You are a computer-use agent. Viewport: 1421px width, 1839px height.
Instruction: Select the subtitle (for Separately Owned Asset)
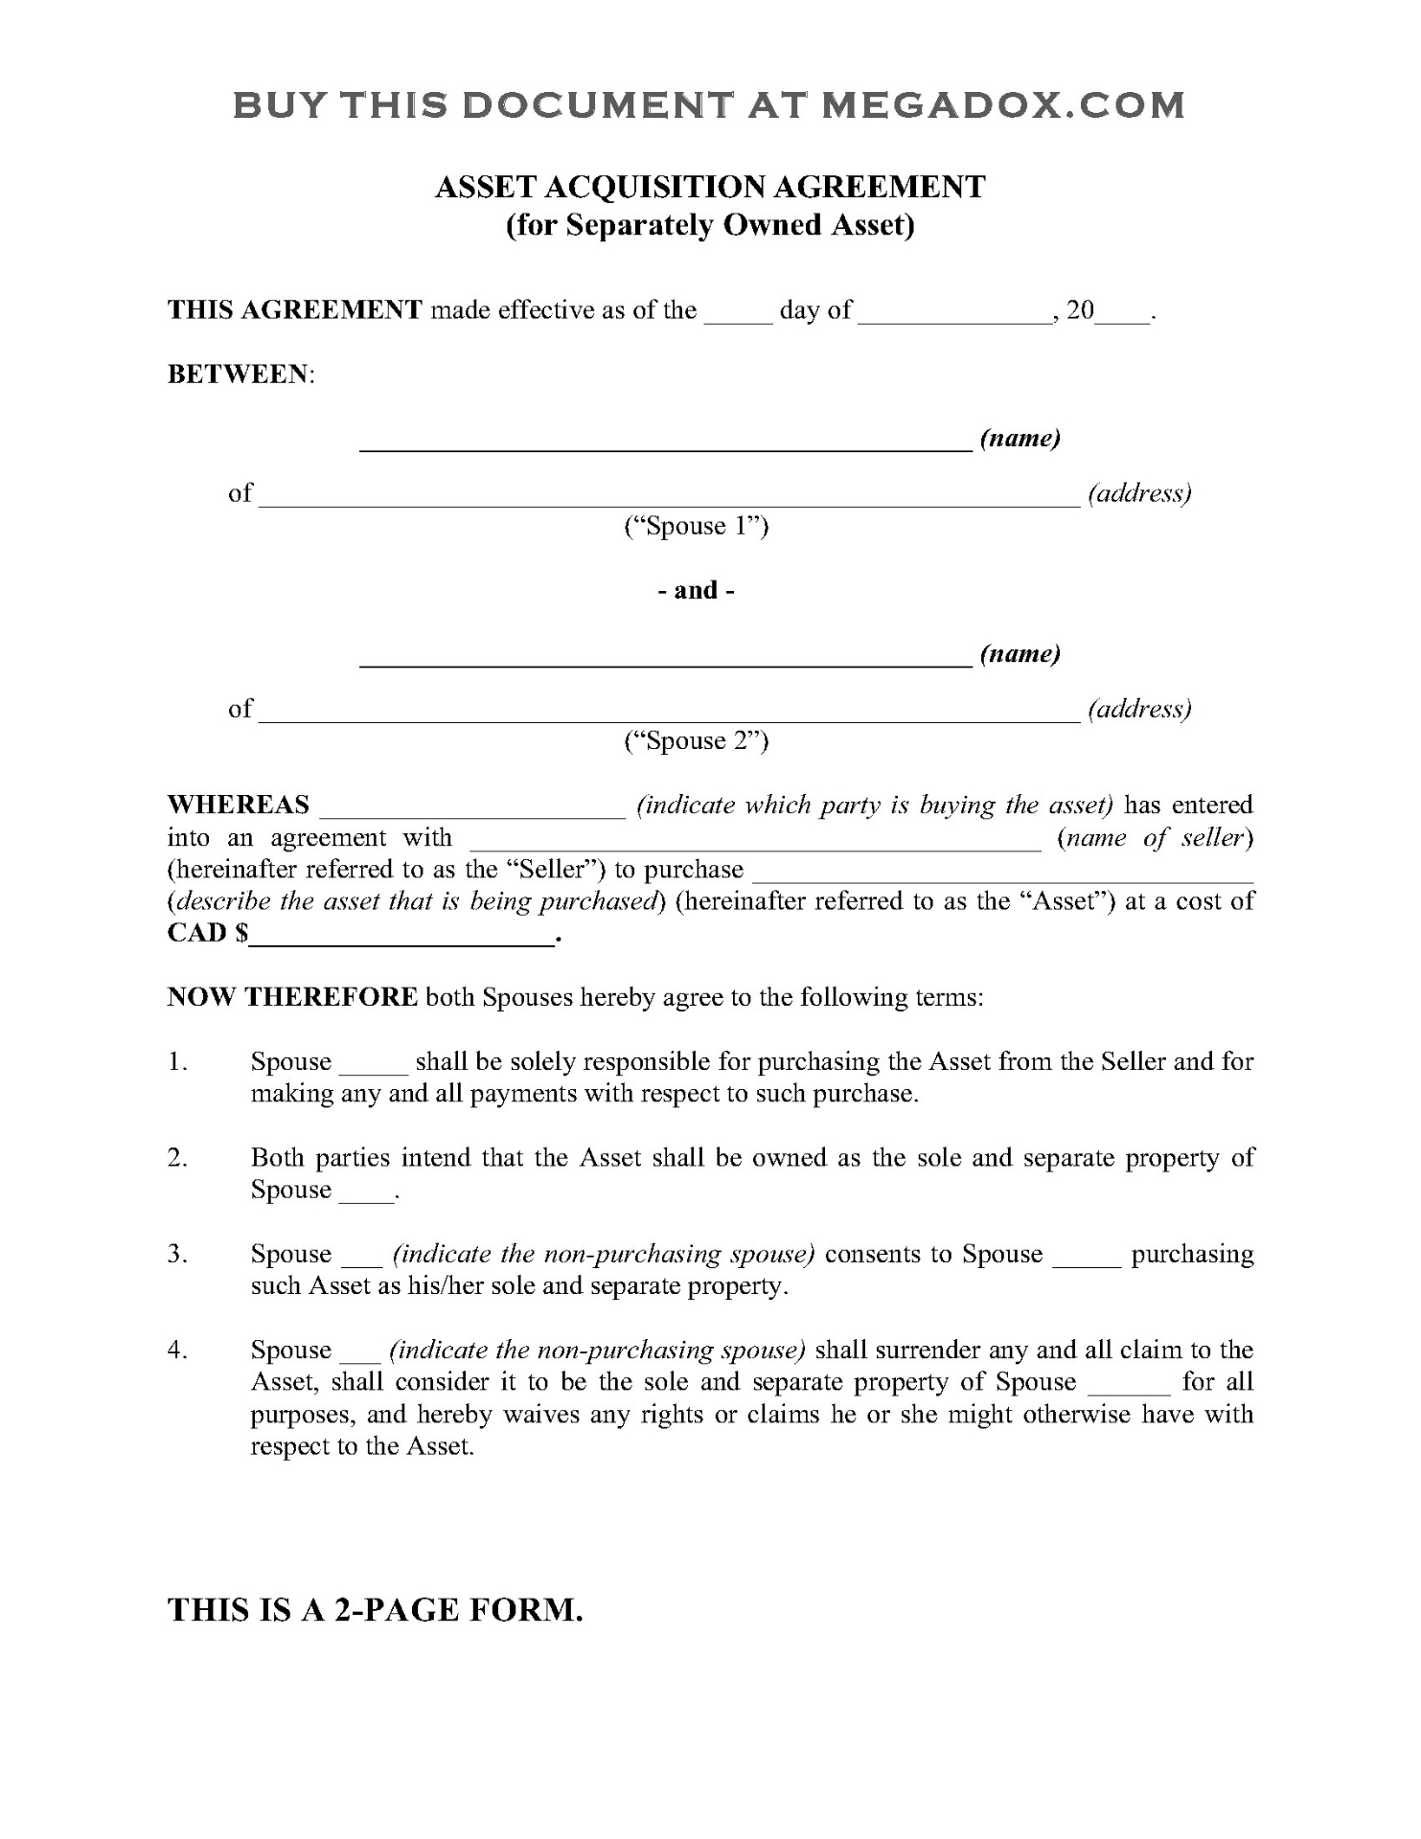710,225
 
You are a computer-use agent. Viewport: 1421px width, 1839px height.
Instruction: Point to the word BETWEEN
239,375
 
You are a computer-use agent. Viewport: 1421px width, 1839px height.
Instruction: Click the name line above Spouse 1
665,441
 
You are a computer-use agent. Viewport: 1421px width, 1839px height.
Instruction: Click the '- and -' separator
697,590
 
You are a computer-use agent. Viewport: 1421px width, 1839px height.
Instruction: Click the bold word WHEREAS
239,805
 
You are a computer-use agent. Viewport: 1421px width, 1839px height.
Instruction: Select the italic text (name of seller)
1156,838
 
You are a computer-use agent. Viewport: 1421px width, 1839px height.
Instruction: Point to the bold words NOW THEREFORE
292,997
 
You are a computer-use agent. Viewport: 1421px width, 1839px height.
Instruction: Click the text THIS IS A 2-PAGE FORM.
376,1610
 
